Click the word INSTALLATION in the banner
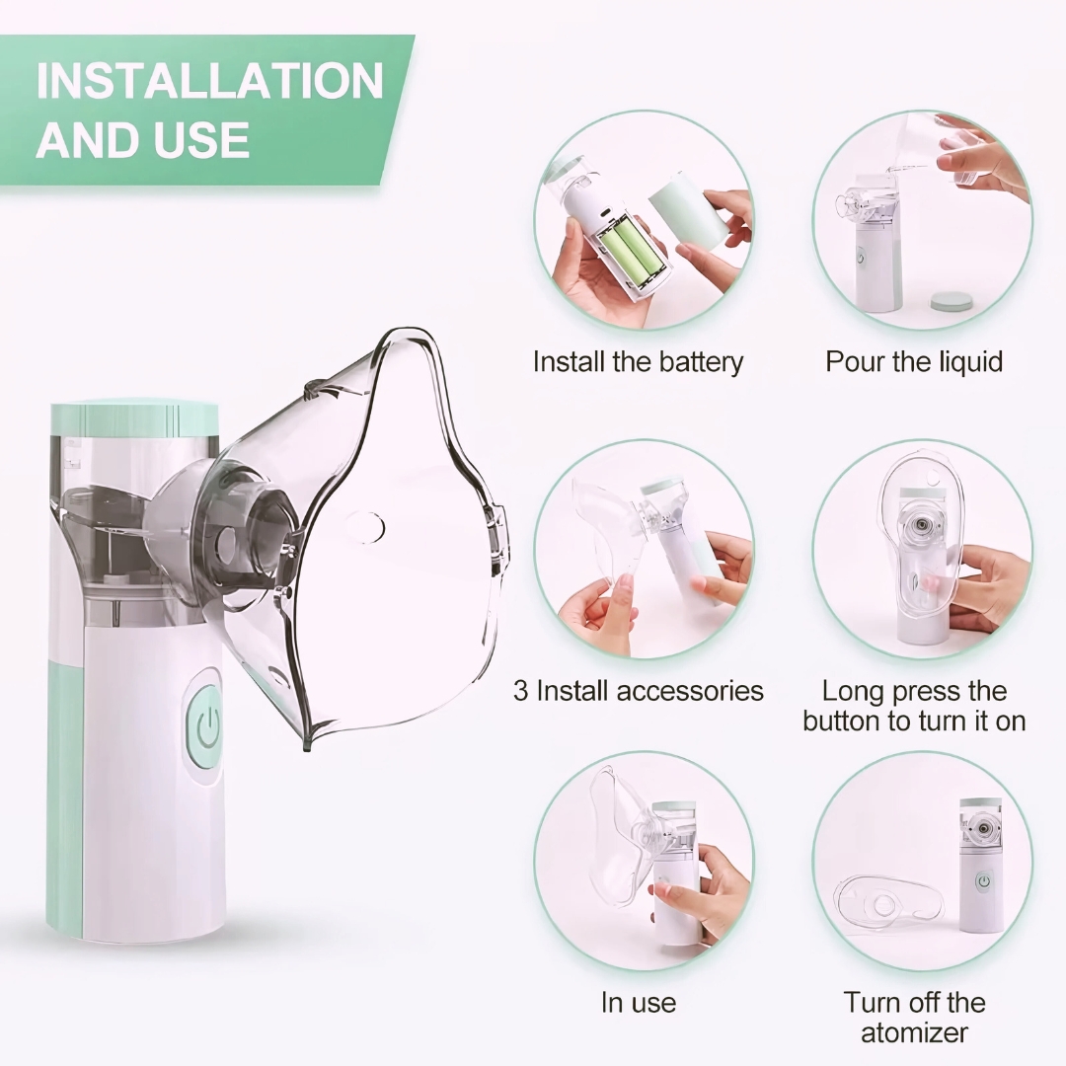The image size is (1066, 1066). (x=210, y=80)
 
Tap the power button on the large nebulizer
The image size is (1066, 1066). (x=204, y=727)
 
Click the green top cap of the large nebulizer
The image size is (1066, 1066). (x=134, y=419)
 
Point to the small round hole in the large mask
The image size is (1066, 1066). (x=365, y=527)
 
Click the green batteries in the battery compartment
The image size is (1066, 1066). (x=628, y=253)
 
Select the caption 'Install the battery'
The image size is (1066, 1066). (x=638, y=361)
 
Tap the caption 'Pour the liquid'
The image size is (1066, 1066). (x=914, y=361)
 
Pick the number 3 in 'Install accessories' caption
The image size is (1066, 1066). (x=521, y=691)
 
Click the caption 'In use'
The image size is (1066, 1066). (x=639, y=1003)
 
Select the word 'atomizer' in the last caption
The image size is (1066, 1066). (x=914, y=1032)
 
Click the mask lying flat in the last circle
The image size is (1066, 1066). (x=888, y=903)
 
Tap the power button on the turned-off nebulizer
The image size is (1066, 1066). (x=983, y=882)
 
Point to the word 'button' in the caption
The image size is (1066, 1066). (x=844, y=721)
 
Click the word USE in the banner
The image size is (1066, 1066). (x=201, y=140)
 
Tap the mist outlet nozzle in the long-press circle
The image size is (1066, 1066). (x=922, y=525)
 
